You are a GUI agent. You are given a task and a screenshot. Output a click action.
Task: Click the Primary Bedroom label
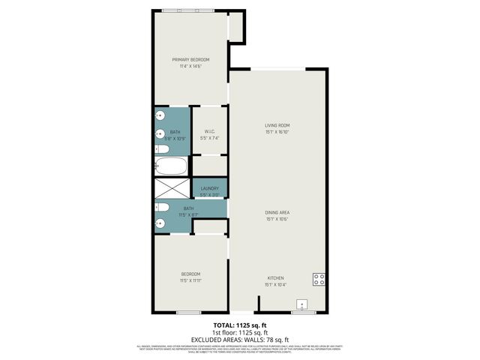coord(190,60)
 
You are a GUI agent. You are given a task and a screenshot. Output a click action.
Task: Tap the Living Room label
coord(277,125)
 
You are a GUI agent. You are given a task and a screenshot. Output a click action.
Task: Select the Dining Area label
coord(277,213)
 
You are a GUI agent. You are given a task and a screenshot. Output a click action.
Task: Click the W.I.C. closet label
coord(209,131)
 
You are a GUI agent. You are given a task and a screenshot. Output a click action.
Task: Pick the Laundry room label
coord(209,188)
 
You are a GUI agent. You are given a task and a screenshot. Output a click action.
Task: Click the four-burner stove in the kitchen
coord(319,279)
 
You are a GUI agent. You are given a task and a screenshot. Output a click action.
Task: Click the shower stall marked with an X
coord(172,188)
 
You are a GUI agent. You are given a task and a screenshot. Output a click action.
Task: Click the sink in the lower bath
coord(160,223)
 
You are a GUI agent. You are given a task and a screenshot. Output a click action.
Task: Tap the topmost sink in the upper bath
coord(160,116)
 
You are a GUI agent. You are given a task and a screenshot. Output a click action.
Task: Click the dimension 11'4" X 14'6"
coord(190,67)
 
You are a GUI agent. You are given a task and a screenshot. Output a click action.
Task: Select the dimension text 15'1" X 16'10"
coord(277,132)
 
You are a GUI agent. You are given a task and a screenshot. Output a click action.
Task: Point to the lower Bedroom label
coord(190,275)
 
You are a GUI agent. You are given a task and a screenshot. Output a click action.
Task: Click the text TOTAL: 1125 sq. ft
coord(240,325)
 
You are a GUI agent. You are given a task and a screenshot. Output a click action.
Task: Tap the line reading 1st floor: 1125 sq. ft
coord(240,331)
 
